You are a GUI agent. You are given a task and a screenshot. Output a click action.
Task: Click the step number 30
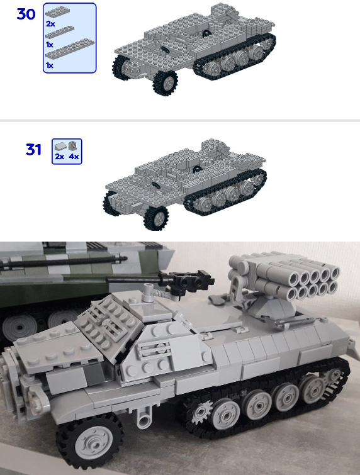coord(26,14)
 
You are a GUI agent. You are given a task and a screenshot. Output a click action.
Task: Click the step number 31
coord(33,149)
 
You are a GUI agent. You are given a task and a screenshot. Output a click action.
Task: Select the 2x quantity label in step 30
coord(50,24)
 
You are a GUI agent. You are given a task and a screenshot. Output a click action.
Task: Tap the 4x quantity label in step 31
coord(74,156)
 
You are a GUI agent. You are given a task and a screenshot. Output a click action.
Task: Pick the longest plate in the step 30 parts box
coord(70,48)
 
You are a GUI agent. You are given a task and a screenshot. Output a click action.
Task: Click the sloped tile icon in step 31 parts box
coord(60,147)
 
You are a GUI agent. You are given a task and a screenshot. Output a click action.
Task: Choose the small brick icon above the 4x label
coord(72,146)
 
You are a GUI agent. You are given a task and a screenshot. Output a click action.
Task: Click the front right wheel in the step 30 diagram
coord(165,82)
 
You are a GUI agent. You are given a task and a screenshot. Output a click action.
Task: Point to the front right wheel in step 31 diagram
coord(156,218)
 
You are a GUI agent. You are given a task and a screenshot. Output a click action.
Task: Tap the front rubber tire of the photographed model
coord(90,441)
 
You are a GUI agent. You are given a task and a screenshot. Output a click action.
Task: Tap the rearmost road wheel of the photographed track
coord(313,389)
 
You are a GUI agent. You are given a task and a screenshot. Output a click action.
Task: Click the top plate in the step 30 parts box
coord(57,12)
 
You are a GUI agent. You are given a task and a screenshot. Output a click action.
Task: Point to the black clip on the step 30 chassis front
coord(165,50)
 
